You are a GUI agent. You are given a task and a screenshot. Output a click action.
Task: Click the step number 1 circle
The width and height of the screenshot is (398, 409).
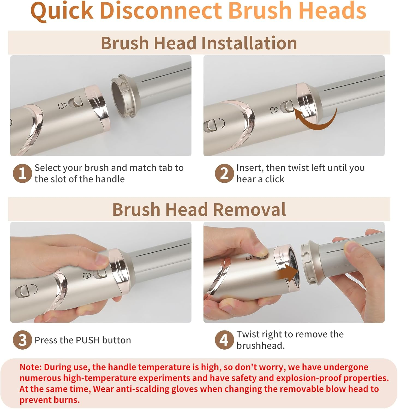[x=22, y=173]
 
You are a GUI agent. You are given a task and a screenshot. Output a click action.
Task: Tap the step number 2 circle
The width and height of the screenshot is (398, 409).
[x=224, y=173]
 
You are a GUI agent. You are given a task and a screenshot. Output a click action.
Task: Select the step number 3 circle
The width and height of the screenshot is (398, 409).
[x=22, y=340]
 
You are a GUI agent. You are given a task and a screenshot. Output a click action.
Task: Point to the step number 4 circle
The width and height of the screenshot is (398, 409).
[x=224, y=340]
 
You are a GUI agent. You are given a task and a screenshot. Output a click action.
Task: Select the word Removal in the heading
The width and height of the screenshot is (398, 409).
[x=249, y=210]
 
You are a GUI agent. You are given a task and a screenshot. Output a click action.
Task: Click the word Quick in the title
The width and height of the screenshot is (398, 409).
[x=62, y=11]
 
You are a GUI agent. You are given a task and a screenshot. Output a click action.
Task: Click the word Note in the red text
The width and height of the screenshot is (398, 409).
[x=30, y=367]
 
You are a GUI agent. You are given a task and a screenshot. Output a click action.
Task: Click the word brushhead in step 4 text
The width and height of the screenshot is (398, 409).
[x=261, y=345]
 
